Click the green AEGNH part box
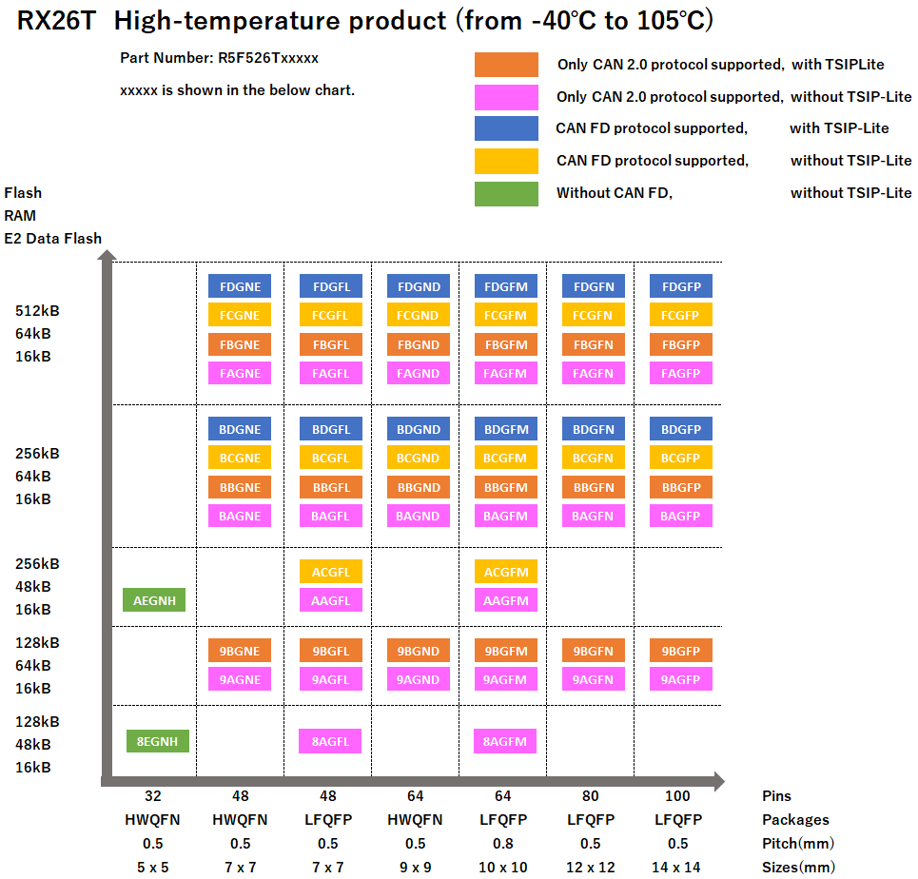click(x=154, y=600)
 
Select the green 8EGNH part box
click(x=158, y=741)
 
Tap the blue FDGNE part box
click(x=240, y=286)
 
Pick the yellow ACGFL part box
click(x=331, y=572)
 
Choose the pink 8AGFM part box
click(x=505, y=741)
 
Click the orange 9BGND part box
click(x=419, y=651)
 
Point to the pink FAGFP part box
click(x=680, y=373)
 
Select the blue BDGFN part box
click(x=594, y=429)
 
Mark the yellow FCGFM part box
click(x=505, y=315)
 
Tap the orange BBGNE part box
click(x=240, y=487)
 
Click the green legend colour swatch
click(x=506, y=193)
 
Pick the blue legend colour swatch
click(x=506, y=128)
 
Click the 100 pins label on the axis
click(x=677, y=795)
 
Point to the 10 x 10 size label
click(x=503, y=866)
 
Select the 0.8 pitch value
click(x=503, y=843)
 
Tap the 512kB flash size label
click(x=37, y=310)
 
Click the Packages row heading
click(x=795, y=819)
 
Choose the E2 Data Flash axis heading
click(x=52, y=238)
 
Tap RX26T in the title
click(x=56, y=21)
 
